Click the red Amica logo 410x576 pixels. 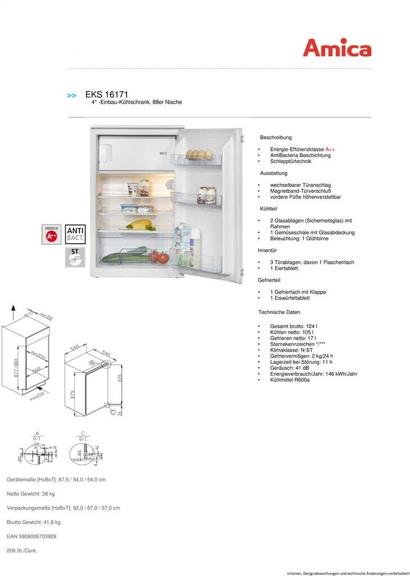point(337,48)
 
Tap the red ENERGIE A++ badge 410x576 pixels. point(51,234)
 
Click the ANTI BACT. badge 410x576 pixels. point(75,234)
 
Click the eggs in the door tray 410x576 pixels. point(200,154)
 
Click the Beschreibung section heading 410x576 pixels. point(276,137)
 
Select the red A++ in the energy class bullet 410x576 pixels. point(330,149)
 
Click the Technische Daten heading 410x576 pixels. point(279,312)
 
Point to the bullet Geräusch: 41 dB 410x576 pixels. point(290,368)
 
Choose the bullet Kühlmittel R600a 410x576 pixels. point(290,380)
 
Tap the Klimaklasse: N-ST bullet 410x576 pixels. point(291,350)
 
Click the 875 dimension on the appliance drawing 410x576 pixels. point(73,395)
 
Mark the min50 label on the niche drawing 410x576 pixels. point(47,317)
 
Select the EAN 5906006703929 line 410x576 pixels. point(31,537)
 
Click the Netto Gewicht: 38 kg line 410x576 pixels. point(31,494)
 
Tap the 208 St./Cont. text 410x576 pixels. point(22,551)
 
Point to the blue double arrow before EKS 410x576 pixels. point(72,96)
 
